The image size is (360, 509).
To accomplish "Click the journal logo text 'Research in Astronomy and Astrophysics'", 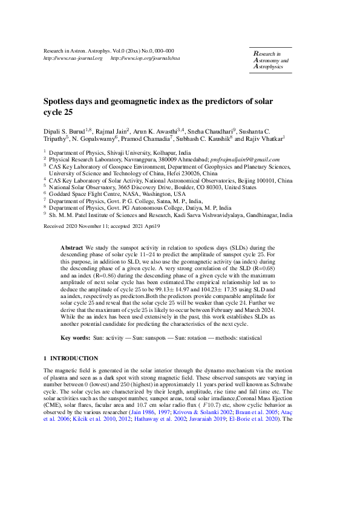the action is click(270, 61).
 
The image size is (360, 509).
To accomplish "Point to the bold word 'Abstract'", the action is click(73, 248).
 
